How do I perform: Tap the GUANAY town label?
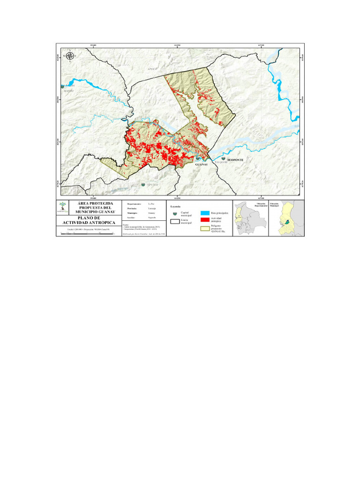(201, 165)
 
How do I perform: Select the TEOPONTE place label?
(236, 160)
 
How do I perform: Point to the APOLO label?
(152, 68)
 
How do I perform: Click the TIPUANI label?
(153, 185)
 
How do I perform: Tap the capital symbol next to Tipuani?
(143, 185)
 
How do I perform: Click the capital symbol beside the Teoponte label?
(223, 159)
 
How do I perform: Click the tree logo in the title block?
(63, 206)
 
